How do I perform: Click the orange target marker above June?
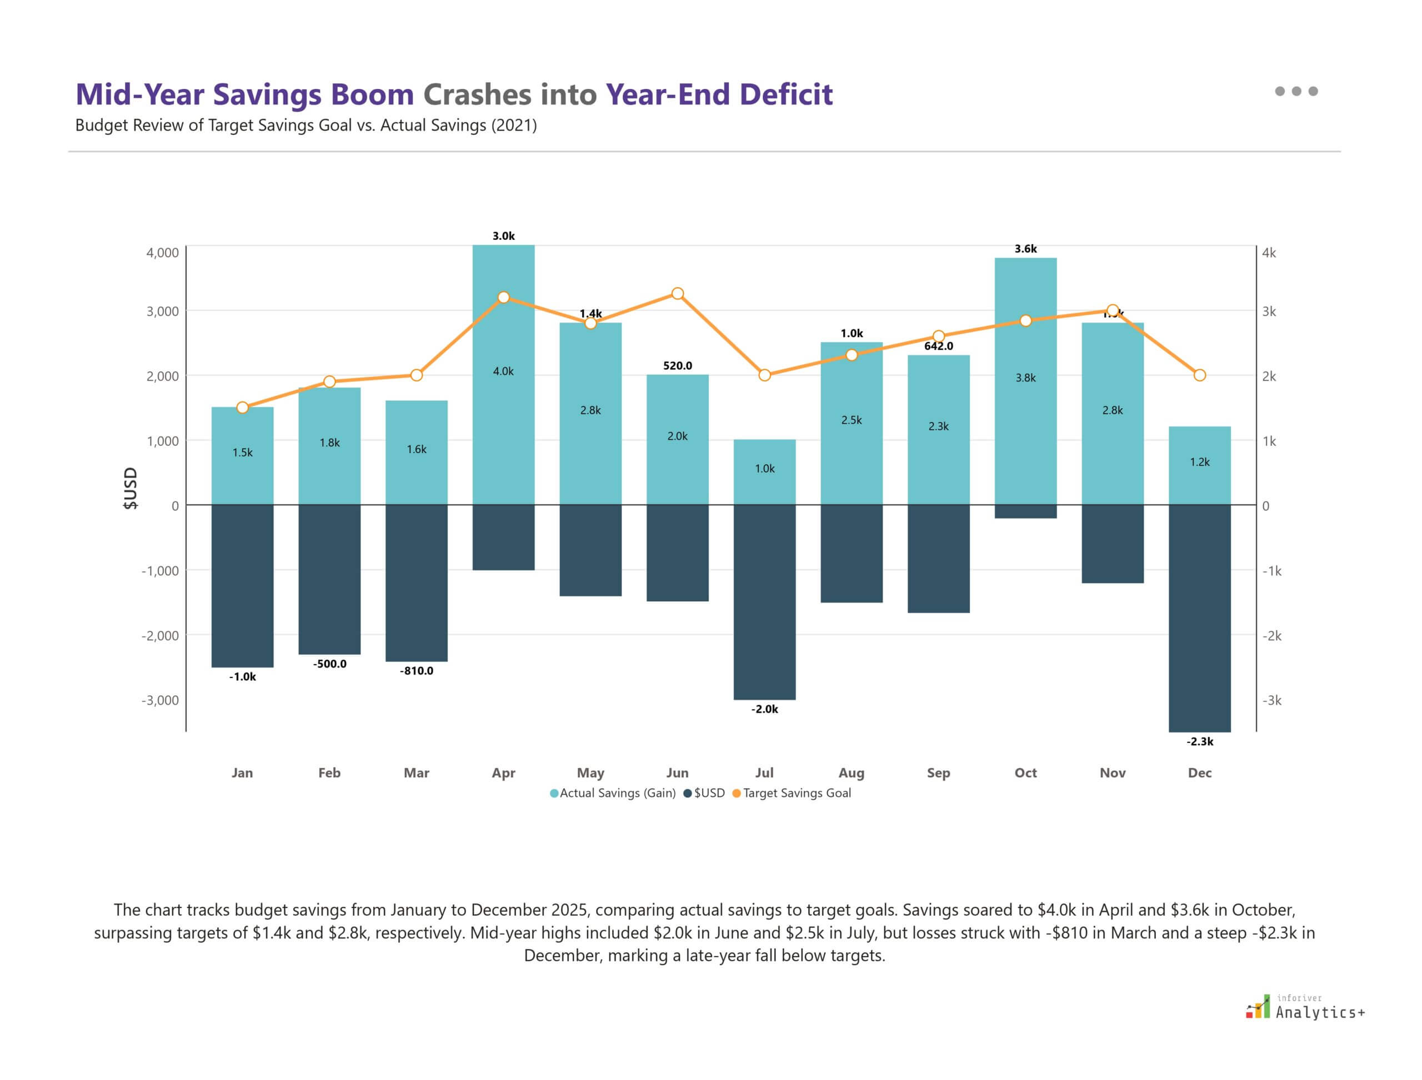[677, 294]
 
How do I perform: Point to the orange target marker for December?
[1199, 375]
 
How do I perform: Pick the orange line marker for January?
[243, 408]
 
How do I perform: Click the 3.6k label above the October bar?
[1025, 249]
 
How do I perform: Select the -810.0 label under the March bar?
[416, 671]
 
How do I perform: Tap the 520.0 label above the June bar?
[677, 366]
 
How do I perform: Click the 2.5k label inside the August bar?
[852, 420]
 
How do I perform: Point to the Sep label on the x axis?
[938, 773]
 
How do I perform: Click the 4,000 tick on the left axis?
[162, 253]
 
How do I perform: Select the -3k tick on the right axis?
[1271, 701]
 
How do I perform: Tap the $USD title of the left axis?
[131, 489]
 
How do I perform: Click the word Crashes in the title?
[477, 94]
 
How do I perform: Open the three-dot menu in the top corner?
[1296, 91]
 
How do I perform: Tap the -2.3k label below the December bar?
[1199, 742]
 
